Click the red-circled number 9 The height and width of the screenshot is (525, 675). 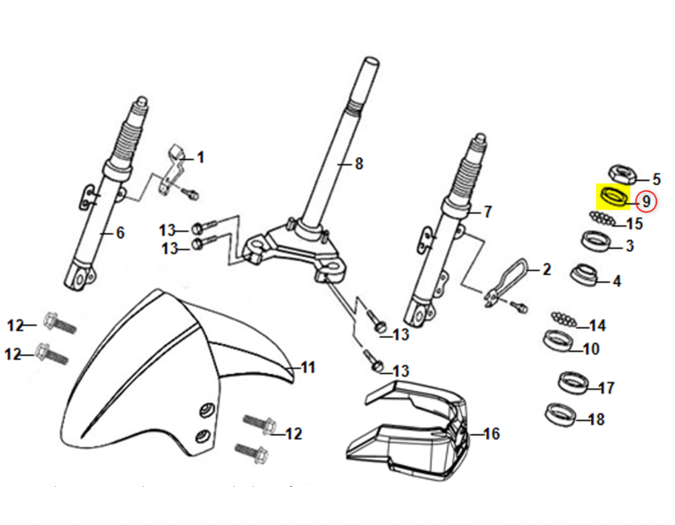point(646,200)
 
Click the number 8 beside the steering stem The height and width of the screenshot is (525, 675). point(359,163)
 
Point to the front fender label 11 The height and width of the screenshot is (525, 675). point(308,367)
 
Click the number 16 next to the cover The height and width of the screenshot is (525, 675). point(491,434)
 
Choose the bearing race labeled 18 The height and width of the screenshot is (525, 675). point(561,414)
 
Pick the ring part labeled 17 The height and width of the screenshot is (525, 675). point(572,383)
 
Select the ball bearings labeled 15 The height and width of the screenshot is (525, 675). point(601,217)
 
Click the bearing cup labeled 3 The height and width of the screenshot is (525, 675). point(595,240)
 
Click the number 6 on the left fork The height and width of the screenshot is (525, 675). point(120,233)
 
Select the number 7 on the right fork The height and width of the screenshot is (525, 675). point(487,212)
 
